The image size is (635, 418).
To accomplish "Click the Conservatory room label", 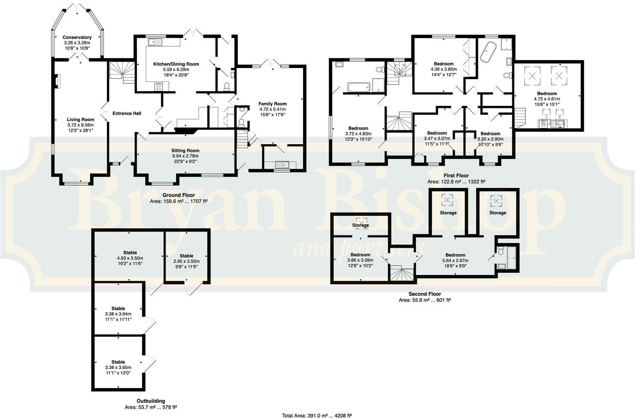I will pyautogui.click(x=77, y=38).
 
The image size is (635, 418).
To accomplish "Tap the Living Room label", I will pyautogui.click(x=80, y=119).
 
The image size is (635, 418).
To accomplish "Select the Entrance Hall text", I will pyautogui.click(x=127, y=113).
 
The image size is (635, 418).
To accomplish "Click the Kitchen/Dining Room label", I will pyautogui.click(x=176, y=64).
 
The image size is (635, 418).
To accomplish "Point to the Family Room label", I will pyautogui.click(x=272, y=104).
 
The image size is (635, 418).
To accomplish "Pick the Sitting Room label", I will pyautogui.click(x=185, y=150).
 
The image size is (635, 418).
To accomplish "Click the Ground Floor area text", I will pyautogui.click(x=178, y=201).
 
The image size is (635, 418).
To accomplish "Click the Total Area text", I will pyautogui.click(x=317, y=415).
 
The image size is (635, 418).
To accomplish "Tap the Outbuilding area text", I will pyautogui.click(x=151, y=407).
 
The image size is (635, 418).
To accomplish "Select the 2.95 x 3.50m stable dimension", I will pyautogui.click(x=186, y=261).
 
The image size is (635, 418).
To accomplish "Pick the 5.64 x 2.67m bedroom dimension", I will pyautogui.click(x=455, y=260).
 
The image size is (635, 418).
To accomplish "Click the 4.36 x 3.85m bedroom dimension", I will pyautogui.click(x=443, y=69).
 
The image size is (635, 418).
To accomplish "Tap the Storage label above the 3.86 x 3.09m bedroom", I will pyautogui.click(x=360, y=225).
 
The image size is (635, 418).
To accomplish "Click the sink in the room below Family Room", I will pyautogui.click(x=282, y=164).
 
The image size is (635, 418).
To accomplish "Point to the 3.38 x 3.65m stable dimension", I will pyautogui.click(x=118, y=367).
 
